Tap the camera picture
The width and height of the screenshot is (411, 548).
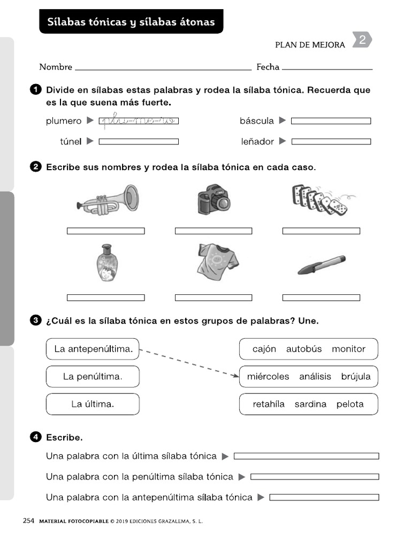[213, 199]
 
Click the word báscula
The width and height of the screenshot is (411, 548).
[256, 121]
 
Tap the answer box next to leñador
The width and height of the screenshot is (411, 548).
[331, 142]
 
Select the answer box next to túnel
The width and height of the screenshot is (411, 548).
[139, 142]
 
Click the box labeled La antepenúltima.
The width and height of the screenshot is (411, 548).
[93, 349]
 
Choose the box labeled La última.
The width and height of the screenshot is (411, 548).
[93, 404]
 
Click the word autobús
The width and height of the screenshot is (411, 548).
[304, 349]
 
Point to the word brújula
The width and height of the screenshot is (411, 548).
[355, 377]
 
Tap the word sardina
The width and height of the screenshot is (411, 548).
[310, 404]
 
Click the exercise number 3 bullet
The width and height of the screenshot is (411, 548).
[36, 321]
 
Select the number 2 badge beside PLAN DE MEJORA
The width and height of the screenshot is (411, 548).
[362, 40]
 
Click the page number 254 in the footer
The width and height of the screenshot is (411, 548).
[28, 520]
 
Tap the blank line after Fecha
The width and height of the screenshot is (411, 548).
[327, 68]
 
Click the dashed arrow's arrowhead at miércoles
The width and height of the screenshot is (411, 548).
[235, 376]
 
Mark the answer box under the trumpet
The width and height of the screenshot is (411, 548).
[105, 231]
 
